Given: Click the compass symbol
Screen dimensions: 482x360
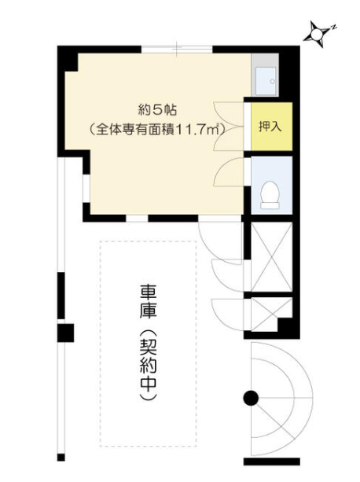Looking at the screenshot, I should click(x=318, y=34).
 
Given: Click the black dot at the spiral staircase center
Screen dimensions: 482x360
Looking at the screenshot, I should click(x=251, y=397).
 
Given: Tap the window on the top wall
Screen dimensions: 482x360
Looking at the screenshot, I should click(x=177, y=50).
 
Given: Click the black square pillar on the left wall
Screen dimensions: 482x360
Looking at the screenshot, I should click(x=66, y=333).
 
